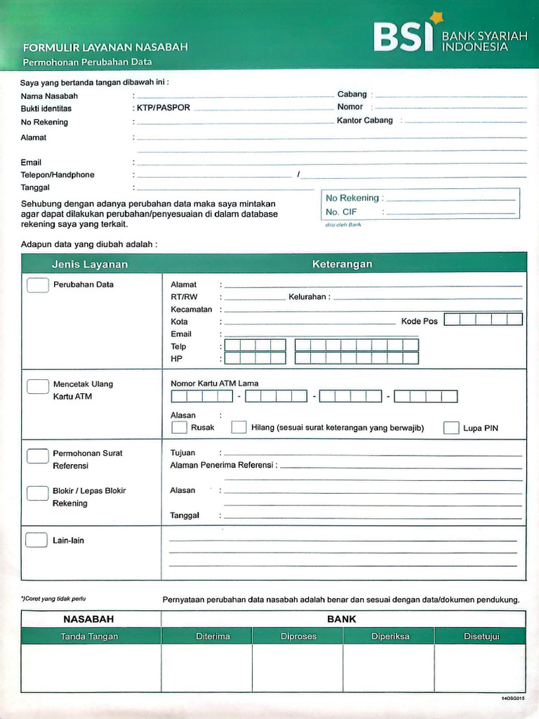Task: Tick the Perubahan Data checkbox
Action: pyautogui.click(x=37, y=285)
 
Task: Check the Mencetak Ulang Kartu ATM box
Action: pyautogui.click(x=37, y=385)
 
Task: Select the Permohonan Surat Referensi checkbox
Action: pyautogui.click(x=37, y=456)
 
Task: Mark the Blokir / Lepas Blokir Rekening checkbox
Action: pyautogui.click(x=37, y=493)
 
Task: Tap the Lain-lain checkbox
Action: pyautogui.click(x=36, y=540)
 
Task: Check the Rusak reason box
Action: pyautogui.click(x=180, y=427)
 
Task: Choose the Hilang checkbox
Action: pyautogui.click(x=239, y=427)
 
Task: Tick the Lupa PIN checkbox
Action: pyautogui.click(x=451, y=428)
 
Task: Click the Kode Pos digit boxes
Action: pyautogui.click(x=483, y=320)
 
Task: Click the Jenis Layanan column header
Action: pyautogui.click(x=90, y=264)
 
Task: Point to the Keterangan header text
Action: pyautogui.click(x=342, y=264)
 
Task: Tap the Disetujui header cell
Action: pyautogui.click(x=481, y=636)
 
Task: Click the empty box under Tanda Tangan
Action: pyautogui.click(x=90, y=668)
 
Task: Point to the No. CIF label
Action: pyautogui.click(x=342, y=211)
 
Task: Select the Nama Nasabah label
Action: pyautogui.click(x=49, y=96)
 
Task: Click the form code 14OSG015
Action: pyautogui.click(x=512, y=699)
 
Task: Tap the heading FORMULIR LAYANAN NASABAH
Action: pyautogui.click(x=105, y=48)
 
